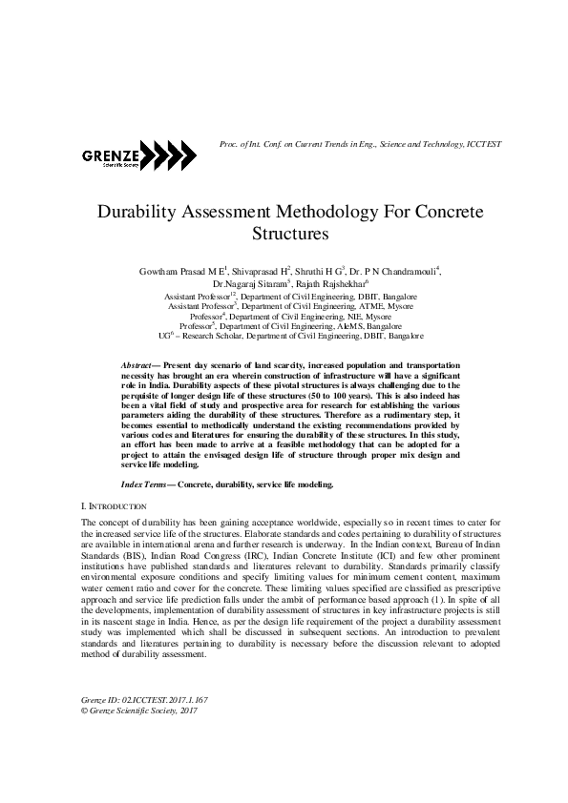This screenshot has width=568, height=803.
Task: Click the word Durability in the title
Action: click(x=133, y=211)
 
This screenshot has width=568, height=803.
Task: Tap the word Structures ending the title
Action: click(x=290, y=232)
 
